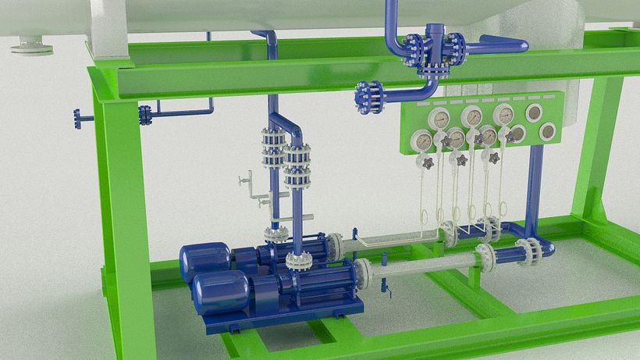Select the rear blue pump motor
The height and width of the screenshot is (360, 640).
tap(204, 260)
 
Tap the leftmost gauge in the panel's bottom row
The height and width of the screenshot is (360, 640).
tap(422, 141)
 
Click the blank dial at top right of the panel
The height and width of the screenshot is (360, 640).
tap(535, 112)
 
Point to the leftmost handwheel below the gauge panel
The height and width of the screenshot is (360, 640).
tap(427, 162)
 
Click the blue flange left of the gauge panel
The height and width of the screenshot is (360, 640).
tap(369, 97)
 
